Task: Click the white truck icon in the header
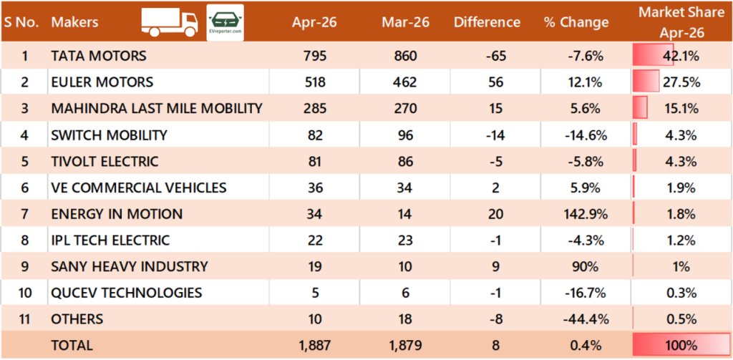click(169, 22)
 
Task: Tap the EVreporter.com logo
click(225, 22)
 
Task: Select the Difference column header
click(487, 22)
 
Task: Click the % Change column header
click(576, 22)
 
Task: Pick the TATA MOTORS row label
click(99, 56)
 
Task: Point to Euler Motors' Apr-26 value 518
click(315, 82)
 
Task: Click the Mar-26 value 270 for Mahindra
click(405, 109)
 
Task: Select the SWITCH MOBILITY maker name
click(109, 135)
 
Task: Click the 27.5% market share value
click(681, 82)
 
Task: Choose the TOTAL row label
click(72, 345)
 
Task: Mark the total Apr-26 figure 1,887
click(315, 345)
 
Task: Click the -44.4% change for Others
click(586, 319)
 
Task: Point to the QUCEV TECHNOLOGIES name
click(127, 293)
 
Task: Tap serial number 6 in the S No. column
click(25, 188)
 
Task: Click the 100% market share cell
click(681, 346)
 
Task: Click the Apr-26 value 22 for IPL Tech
click(315, 240)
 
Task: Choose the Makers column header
click(74, 22)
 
